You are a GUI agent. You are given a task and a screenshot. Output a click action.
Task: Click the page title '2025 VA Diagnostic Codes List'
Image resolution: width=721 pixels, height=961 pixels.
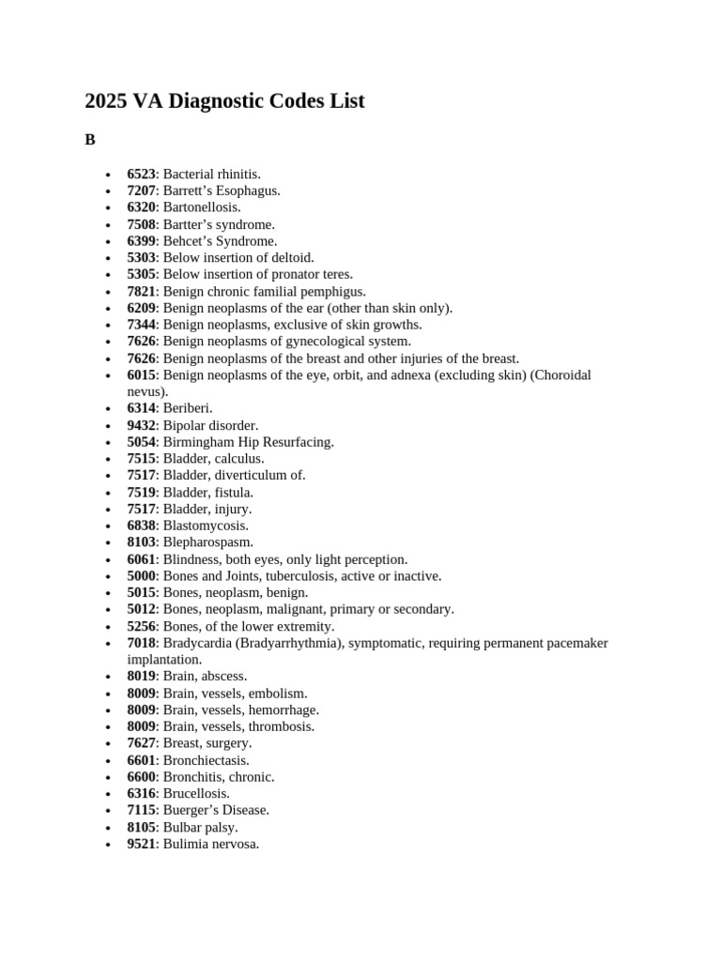pyautogui.click(x=224, y=100)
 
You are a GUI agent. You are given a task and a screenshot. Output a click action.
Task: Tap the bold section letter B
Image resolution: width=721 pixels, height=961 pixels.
pyautogui.click(x=90, y=140)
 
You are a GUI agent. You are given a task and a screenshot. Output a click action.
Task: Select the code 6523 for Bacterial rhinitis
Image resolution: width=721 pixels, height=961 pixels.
pyautogui.click(x=141, y=174)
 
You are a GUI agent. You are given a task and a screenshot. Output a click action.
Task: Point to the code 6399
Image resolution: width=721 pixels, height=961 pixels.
pyautogui.click(x=141, y=241)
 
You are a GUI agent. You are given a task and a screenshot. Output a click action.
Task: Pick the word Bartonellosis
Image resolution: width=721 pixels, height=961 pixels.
pyautogui.click(x=201, y=207)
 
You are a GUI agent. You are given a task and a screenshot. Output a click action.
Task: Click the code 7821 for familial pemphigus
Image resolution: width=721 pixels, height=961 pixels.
pyautogui.click(x=141, y=292)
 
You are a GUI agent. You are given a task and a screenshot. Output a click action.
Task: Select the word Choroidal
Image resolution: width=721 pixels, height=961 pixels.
pyautogui.click(x=560, y=375)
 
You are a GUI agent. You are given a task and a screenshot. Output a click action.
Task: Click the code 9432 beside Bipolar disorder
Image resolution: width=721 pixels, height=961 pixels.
pyautogui.click(x=141, y=425)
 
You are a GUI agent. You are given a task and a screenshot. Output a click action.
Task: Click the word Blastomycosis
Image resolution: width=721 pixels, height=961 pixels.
pyautogui.click(x=205, y=526)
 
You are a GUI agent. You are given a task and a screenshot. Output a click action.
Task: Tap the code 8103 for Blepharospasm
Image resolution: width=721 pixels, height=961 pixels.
pyautogui.click(x=141, y=542)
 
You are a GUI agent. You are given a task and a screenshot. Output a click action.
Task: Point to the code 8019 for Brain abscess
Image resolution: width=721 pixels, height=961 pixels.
pyautogui.click(x=141, y=677)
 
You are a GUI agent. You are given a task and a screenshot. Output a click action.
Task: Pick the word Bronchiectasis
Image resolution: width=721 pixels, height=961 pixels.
pyautogui.click(x=206, y=761)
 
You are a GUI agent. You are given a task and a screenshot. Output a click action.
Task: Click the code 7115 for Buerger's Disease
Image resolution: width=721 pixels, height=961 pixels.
pyautogui.click(x=141, y=810)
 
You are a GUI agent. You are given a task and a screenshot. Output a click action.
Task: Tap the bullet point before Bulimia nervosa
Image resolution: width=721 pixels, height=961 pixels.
pyautogui.click(x=109, y=845)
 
